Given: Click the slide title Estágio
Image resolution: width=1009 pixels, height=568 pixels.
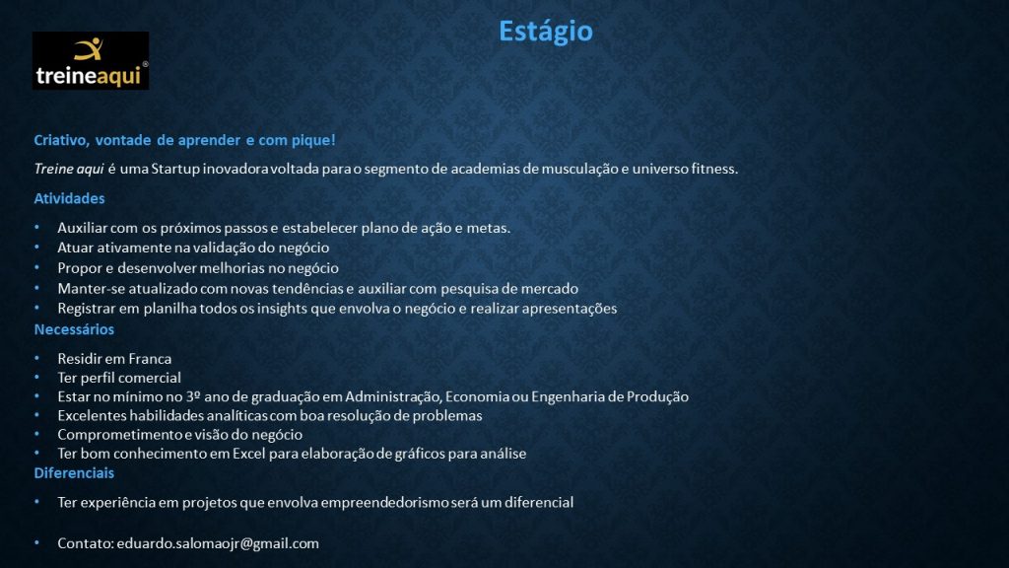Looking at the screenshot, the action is (x=546, y=32).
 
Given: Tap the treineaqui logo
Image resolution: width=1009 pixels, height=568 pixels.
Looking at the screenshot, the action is (x=91, y=60).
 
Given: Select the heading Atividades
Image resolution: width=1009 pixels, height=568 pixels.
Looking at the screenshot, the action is (x=70, y=198).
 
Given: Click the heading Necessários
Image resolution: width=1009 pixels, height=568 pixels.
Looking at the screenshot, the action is (x=74, y=329).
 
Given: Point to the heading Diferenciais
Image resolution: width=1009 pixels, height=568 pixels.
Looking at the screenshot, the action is (x=74, y=472).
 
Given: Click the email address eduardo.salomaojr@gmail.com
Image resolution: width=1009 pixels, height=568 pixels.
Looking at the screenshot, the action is (x=218, y=543).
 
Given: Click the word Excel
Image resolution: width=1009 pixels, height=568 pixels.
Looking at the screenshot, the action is (x=249, y=454).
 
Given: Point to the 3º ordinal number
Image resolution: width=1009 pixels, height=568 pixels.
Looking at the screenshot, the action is (x=193, y=396).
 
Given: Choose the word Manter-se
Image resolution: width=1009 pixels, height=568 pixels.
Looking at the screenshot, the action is (x=88, y=289).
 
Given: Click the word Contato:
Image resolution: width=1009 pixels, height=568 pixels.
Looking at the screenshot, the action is (x=86, y=543).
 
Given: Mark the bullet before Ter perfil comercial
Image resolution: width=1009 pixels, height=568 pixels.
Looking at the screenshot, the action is (x=37, y=378).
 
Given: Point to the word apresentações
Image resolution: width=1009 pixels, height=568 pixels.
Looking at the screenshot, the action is (x=570, y=309).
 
